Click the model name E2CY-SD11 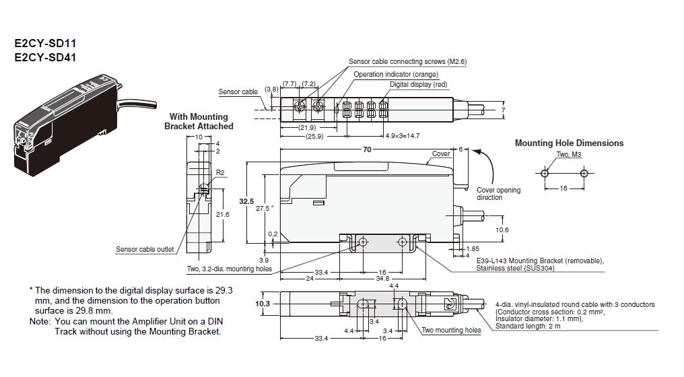[x=45, y=44]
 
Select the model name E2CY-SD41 [x=45, y=57]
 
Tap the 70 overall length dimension [x=367, y=149]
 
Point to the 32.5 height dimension [x=247, y=201]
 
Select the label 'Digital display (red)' [x=418, y=85]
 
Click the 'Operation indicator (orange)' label [x=396, y=74]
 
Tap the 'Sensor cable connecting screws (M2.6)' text [x=407, y=61]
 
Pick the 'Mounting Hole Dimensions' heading [x=569, y=143]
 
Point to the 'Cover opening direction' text [x=498, y=194]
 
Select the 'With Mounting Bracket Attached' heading [x=199, y=121]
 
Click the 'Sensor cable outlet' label [x=145, y=249]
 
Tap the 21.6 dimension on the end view [x=221, y=214]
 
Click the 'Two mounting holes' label [x=451, y=330]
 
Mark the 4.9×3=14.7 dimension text [x=403, y=136]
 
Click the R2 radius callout [x=219, y=173]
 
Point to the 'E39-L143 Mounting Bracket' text [x=539, y=261]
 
